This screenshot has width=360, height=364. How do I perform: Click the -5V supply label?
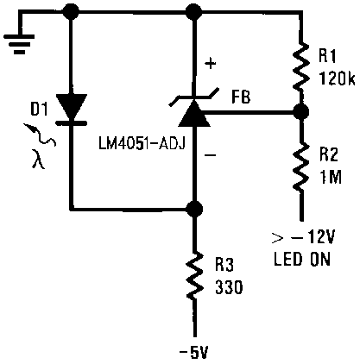(x=194, y=351)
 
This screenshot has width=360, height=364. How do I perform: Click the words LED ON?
(x=303, y=259)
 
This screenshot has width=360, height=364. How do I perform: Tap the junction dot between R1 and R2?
(x=300, y=112)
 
